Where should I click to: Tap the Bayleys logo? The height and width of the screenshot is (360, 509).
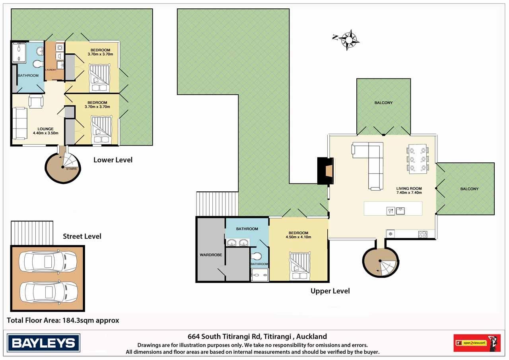tap(43, 343)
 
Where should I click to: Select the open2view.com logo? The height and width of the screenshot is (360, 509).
tap(477, 343)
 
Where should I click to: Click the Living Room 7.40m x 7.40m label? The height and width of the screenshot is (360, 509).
tap(409, 191)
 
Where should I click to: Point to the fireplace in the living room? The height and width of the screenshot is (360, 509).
tap(326, 171)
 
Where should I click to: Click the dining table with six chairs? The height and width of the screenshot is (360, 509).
tap(418, 159)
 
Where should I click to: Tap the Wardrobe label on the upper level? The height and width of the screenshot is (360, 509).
tap(211, 255)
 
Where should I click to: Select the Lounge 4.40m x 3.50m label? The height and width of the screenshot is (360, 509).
tap(45, 131)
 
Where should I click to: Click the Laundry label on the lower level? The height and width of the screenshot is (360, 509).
tap(51, 70)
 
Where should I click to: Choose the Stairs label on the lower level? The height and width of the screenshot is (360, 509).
tap(71, 169)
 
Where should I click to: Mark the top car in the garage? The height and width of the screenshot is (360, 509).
tap(48, 261)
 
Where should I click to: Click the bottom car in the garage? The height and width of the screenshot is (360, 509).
tap(49, 292)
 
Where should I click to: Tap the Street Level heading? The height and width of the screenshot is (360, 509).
tap(82, 236)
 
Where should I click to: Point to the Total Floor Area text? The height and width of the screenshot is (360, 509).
tap(63, 320)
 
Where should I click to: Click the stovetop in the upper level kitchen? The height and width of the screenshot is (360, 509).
tap(422, 234)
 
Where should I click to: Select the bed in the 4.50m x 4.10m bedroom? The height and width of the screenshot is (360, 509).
tap(300, 266)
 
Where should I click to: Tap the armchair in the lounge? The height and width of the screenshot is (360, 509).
tap(36, 101)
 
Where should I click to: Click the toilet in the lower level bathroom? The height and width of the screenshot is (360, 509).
tap(38, 63)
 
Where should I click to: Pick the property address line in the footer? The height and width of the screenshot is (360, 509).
tap(257, 337)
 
